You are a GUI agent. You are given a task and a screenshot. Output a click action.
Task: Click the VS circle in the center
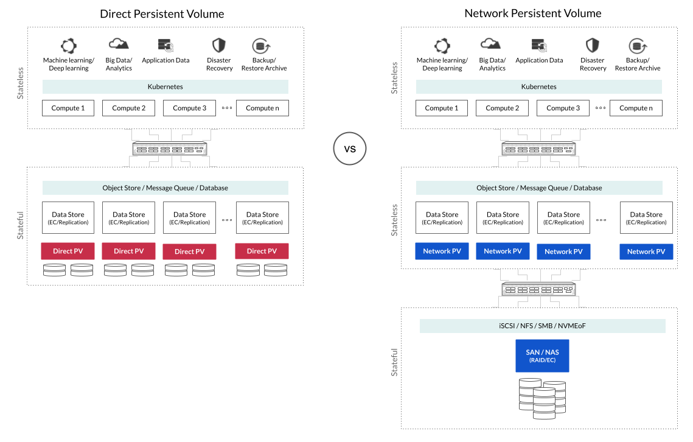click(350, 148)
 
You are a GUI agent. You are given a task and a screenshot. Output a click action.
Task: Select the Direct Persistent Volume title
click(162, 13)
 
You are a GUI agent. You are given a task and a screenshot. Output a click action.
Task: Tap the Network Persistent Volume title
click(532, 13)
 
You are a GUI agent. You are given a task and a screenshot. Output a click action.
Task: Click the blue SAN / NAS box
click(542, 356)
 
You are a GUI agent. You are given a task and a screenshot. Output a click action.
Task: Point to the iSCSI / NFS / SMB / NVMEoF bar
click(542, 326)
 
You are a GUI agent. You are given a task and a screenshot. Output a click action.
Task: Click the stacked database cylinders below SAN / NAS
click(542, 398)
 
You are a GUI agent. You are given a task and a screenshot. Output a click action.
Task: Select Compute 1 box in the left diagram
click(68, 108)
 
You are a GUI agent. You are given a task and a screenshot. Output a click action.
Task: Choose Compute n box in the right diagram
click(636, 108)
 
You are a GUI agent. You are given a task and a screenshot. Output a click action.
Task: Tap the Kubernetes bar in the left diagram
click(165, 86)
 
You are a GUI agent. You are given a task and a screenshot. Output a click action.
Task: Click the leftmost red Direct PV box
click(68, 251)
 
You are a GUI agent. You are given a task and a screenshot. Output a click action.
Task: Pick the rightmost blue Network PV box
click(646, 251)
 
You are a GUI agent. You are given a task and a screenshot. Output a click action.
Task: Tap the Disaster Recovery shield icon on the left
click(219, 46)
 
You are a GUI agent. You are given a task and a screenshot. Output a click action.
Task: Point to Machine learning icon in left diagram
click(69, 46)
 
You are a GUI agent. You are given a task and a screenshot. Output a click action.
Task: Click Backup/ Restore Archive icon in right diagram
click(637, 46)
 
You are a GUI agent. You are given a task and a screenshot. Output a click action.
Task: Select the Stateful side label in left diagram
click(20, 225)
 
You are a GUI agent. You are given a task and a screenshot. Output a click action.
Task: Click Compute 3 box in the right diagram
click(563, 108)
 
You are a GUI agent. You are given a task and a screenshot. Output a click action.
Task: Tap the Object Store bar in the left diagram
click(165, 188)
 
